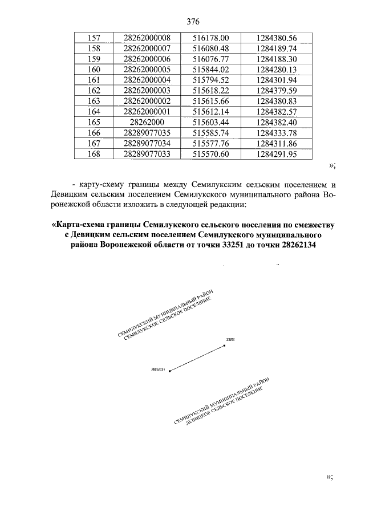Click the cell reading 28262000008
[x=147, y=38]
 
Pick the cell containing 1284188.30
[x=277, y=59]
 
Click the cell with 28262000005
[x=147, y=69]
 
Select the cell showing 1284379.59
[x=277, y=90]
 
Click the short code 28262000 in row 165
[x=147, y=122]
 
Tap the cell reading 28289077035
[x=147, y=133]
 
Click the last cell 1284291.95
[x=277, y=153]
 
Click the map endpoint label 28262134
[x=158, y=369]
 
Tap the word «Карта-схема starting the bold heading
[x=78, y=224]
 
